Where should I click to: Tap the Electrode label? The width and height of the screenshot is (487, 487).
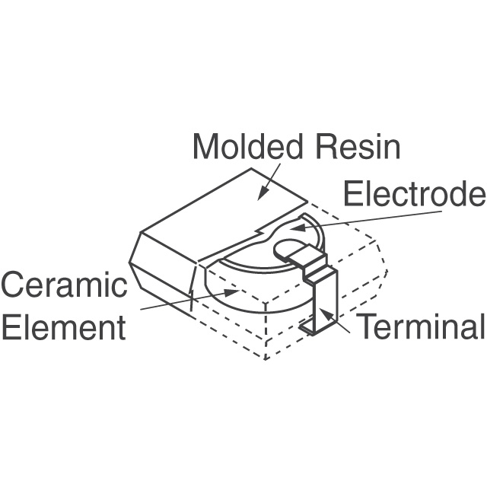(414, 194)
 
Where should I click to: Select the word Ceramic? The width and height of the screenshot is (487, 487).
(64, 286)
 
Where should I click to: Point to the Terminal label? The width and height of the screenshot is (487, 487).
(421, 327)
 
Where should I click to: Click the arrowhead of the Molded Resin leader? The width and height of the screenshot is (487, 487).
(262, 196)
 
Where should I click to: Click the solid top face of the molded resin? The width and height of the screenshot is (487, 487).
(221, 205)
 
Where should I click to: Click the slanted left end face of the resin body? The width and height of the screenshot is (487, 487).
(156, 266)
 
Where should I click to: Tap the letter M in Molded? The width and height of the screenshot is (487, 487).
(204, 146)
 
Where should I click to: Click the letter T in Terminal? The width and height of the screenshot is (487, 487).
(367, 327)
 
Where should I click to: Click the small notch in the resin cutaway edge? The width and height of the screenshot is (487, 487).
(263, 228)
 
